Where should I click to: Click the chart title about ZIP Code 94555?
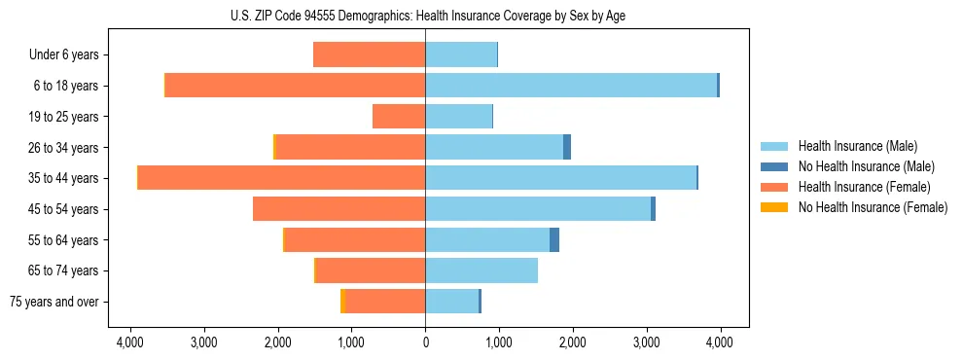pos(425,16)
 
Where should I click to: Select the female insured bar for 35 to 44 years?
pos(282,178)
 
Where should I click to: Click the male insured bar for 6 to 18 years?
pos(571,86)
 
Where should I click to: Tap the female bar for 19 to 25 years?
pos(399,117)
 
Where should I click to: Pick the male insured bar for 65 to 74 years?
pos(481,270)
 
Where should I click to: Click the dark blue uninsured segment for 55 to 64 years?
pos(554,240)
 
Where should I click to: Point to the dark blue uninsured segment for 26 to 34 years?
pos(567,147)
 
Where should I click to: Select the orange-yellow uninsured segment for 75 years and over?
pos(343,302)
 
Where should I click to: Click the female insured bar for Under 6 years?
pos(370,54)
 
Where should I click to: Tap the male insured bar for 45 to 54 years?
pos(538,209)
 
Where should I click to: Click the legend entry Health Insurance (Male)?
pos(854,146)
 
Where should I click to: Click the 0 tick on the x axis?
pos(425,342)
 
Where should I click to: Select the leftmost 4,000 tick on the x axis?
pos(130,342)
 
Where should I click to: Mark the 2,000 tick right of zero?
pos(572,342)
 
